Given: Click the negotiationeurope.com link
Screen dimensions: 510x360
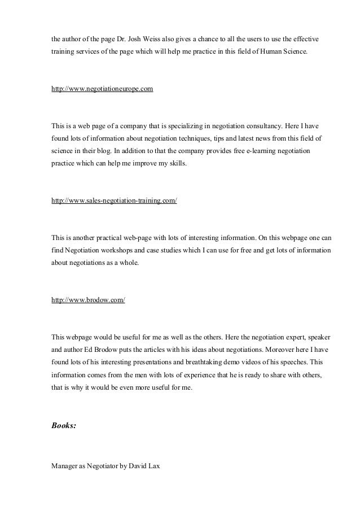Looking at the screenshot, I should point(102,89).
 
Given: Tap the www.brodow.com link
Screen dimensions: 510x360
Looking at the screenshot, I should point(88,299).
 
